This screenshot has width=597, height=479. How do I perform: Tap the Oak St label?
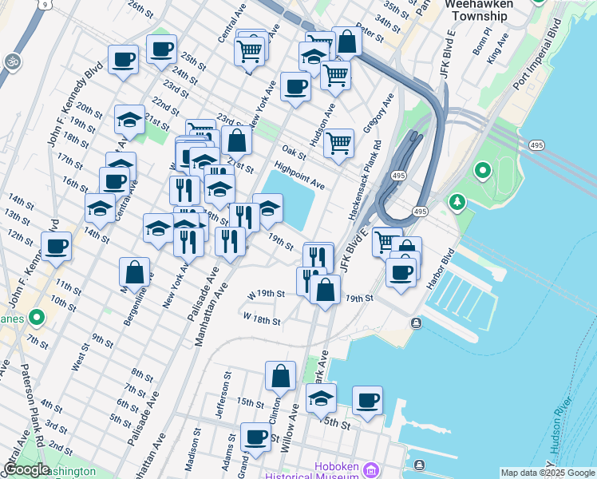click(294, 152)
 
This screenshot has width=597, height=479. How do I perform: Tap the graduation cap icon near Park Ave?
click(321, 398)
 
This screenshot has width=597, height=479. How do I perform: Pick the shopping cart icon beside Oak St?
click(339, 143)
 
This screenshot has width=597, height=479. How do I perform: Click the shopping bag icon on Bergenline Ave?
click(135, 271)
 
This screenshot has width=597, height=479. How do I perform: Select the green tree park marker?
click(457, 203)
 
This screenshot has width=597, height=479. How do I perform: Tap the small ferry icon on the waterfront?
click(417, 323)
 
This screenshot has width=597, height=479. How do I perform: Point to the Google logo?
click(26, 469)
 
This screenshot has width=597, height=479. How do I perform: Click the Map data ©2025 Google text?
click(547, 473)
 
